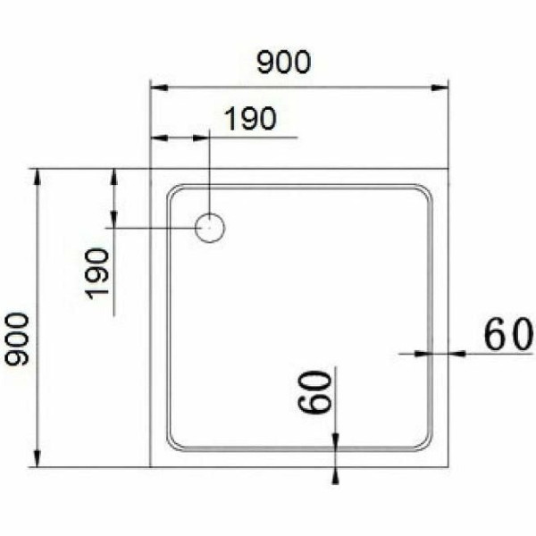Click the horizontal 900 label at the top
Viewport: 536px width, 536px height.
[284, 63]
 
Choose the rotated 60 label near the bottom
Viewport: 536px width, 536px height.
[316, 392]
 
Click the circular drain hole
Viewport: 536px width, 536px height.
[211, 228]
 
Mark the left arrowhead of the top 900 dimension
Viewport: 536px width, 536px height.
[157, 88]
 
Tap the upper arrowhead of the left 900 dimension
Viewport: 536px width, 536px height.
[38, 175]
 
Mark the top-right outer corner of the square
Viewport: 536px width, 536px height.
[448, 168]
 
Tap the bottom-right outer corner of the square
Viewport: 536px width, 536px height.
[448, 466]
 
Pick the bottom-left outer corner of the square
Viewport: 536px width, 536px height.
[150, 466]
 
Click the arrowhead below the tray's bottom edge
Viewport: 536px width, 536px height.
[335, 474]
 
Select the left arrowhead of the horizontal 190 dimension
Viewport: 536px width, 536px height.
[157, 138]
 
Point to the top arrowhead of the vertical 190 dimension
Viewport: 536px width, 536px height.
[114, 175]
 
